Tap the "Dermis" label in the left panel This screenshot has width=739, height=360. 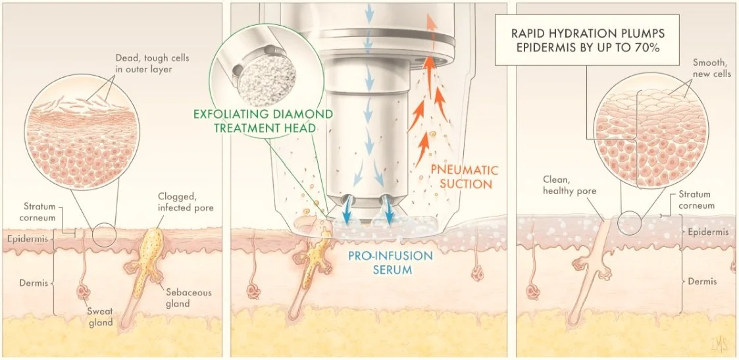click(30, 282)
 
